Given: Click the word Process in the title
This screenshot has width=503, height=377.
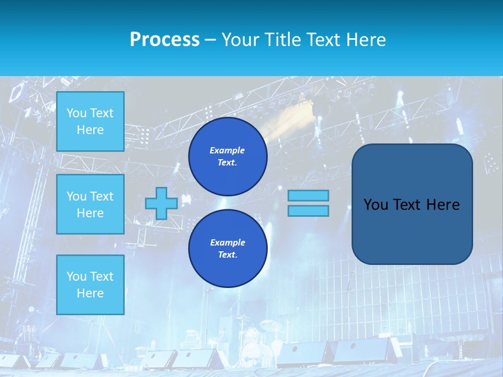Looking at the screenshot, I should pos(165,40).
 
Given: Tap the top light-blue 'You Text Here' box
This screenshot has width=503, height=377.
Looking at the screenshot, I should pos(90,121).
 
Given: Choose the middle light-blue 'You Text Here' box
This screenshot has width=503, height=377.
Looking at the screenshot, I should pos(90,204).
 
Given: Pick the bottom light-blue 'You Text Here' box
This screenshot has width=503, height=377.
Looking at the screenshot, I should pos(90,284).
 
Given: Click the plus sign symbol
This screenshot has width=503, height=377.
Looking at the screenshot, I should pos(161,203).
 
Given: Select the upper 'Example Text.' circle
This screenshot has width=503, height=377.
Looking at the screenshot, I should pos(227,157).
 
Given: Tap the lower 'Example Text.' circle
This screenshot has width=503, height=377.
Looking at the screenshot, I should pos(227,249).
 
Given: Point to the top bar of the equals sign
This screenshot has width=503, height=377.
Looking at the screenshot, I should pos(308,196).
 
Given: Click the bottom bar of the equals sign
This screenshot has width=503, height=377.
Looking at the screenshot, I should pos(308,210).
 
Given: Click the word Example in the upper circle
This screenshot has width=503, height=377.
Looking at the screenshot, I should pos(227,150).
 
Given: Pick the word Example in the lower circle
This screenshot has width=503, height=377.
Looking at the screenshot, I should pos(227,242).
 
